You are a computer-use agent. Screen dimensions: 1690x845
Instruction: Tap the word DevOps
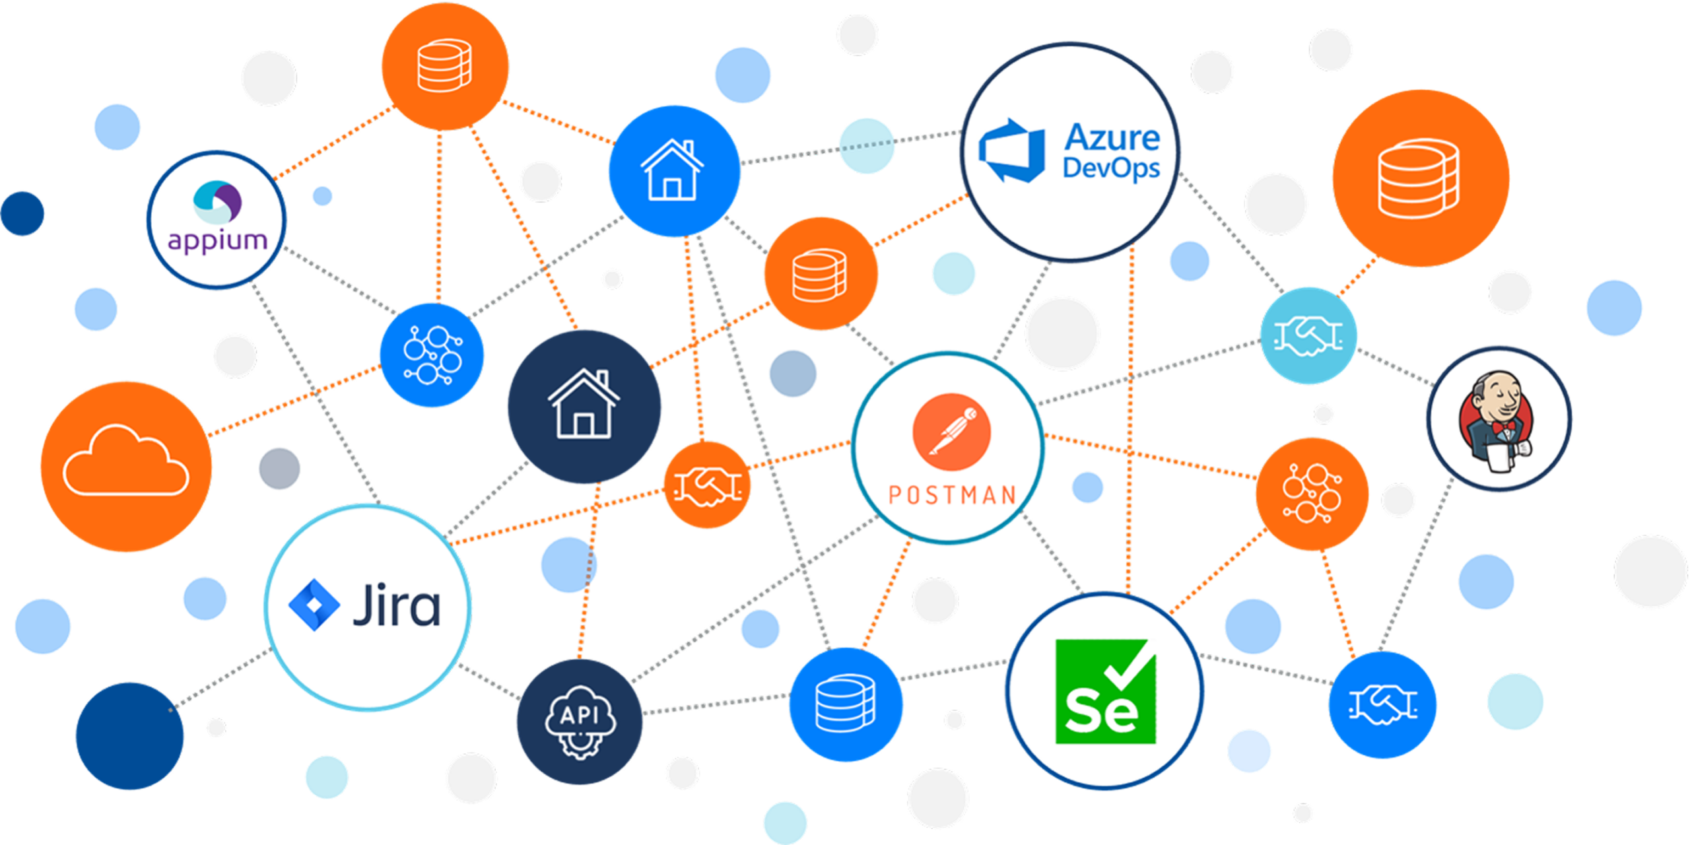(x=1111, y=169)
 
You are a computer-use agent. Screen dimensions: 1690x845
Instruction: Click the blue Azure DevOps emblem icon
(x=1011, y=151)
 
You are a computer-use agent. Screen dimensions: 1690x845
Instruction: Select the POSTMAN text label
(x=952, y=495)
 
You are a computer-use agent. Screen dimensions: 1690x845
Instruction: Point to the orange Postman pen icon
(x=951, y=432)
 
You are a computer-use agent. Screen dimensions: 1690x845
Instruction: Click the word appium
(x=217, y=241)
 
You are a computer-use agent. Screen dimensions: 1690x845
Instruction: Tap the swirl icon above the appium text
(x=217, y=202)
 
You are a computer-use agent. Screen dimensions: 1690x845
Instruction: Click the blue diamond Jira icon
(x=314, y=605)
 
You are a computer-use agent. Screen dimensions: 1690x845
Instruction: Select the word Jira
(x=397, y=604)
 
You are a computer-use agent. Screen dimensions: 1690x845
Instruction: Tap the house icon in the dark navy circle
(x=584, y=403)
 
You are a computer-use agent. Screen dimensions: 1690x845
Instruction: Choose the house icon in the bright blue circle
(x=673, y=170)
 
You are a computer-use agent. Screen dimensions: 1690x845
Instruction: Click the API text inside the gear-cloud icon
(x=579, y=715)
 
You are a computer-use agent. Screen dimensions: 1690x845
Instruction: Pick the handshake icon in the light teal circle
(x=1308, y=336)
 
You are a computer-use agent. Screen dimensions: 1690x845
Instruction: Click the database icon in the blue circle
(x=845, y=703)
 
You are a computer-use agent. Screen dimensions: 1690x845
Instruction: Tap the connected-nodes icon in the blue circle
(x=432, y=355)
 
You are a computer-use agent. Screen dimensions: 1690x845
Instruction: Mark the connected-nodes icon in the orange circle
(x=1312, y=493)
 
